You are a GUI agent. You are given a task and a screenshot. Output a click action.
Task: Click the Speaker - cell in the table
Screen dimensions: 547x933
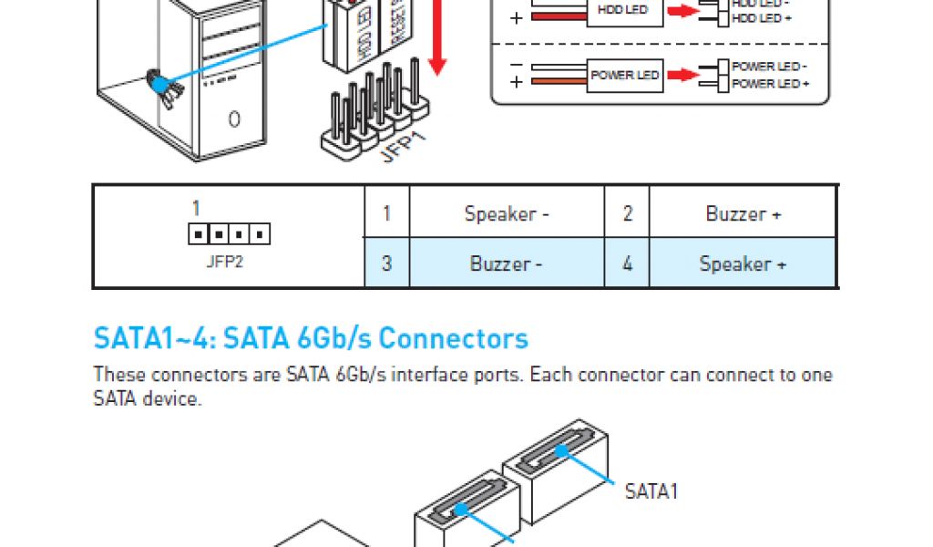pos(507,214)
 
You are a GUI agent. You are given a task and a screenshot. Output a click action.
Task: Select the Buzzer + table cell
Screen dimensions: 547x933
pos(743,214)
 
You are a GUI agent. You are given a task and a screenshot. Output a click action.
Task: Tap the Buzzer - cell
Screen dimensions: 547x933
pos(507,264)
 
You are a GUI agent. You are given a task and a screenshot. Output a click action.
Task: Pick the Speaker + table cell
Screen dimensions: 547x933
pos(743,264)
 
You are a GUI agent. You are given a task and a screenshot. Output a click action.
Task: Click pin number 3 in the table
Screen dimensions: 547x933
pos(387,264)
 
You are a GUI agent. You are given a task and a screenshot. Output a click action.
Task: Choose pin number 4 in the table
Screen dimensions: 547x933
pos(627,264)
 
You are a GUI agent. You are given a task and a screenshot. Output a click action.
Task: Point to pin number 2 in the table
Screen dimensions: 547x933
pos(627,214)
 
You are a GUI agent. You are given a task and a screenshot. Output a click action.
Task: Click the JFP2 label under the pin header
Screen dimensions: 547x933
pos(225,261)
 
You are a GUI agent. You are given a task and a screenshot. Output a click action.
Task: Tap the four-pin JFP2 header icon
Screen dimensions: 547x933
pos(229,235)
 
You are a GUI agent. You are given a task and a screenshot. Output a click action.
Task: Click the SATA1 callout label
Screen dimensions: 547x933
pos(651,492)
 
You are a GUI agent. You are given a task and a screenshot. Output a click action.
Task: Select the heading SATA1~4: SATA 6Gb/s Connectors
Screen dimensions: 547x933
pos(311,338)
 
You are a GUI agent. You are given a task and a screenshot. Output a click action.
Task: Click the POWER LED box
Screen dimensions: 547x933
pos(624,75)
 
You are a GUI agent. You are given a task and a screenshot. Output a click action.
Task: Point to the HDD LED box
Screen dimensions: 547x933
pos(623,11)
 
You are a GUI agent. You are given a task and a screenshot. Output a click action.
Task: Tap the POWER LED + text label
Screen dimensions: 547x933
pos(770,84)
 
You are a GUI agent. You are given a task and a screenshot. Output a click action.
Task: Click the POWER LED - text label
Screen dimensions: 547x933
pos(770,67)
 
